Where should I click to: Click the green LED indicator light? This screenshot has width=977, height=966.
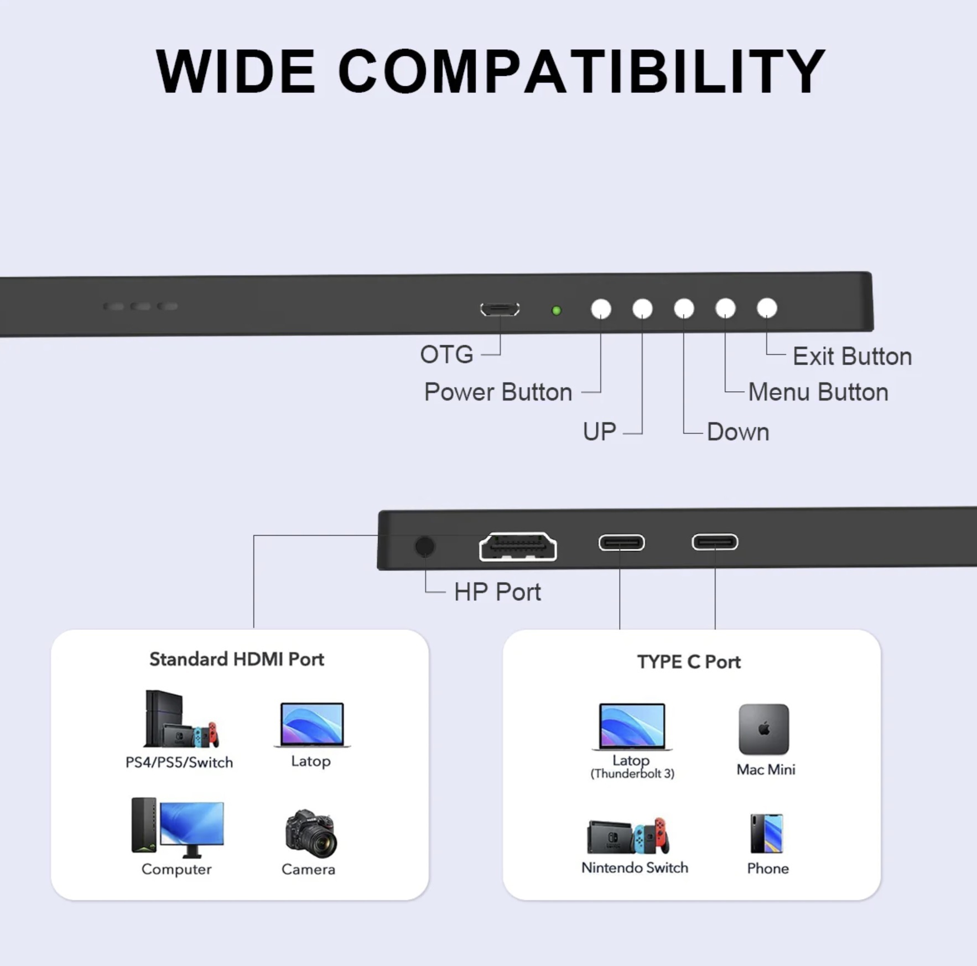point(557,310)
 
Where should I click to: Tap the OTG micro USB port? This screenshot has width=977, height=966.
point(500,309)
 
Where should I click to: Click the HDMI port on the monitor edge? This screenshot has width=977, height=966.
point(518,547)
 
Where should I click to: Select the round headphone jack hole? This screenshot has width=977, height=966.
point(424,547)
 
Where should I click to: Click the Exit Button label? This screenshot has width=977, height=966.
point(852,356)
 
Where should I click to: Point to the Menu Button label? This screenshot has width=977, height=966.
point(818,392)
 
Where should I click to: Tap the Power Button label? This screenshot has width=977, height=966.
point(498,392)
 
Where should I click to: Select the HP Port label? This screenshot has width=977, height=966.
point(497,592)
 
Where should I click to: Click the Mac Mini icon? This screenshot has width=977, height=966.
point(764,729)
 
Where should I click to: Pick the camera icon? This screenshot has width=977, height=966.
point(311,833)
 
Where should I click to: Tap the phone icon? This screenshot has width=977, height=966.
point(767,833)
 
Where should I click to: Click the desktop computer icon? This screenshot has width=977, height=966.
point(178,828)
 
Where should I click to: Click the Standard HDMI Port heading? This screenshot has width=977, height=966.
point(237,659)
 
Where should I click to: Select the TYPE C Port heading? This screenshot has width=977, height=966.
point(689,662)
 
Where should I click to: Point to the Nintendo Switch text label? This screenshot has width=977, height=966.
point(635,868)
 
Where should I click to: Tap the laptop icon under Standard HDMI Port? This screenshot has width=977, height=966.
point(312,725)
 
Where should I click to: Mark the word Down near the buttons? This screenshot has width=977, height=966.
point(738,432)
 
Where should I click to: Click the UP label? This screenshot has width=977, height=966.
point(599,432)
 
